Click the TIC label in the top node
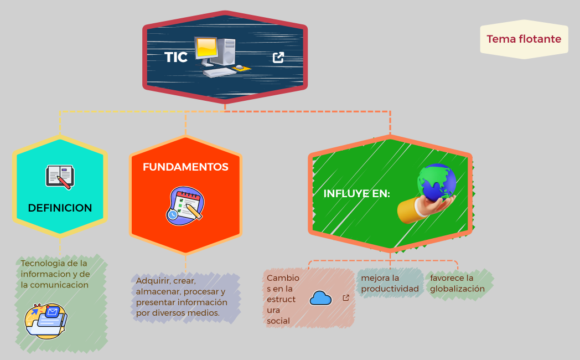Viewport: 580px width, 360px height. tap(176, 57)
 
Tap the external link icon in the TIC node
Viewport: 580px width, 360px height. tap(278, 57)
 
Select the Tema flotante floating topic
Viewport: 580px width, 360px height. tap(524, 39)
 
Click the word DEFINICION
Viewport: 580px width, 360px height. tap(60, 208)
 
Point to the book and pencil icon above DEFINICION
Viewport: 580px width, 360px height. tap(60, 177)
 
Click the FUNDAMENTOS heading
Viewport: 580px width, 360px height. tap(185, 167)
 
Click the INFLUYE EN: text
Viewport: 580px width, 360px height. tap(356, 194)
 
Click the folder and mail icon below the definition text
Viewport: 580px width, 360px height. tap(46, 321)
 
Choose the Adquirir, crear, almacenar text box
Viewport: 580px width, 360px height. tap(182, 297)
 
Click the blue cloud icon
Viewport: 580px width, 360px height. tap(320, 299)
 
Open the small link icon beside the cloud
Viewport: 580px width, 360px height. tap(346, 298)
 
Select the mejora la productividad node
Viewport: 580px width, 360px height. tap(390, 283)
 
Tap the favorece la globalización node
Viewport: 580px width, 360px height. tap(458, 283)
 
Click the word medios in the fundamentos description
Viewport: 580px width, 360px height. tap(206, 313)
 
